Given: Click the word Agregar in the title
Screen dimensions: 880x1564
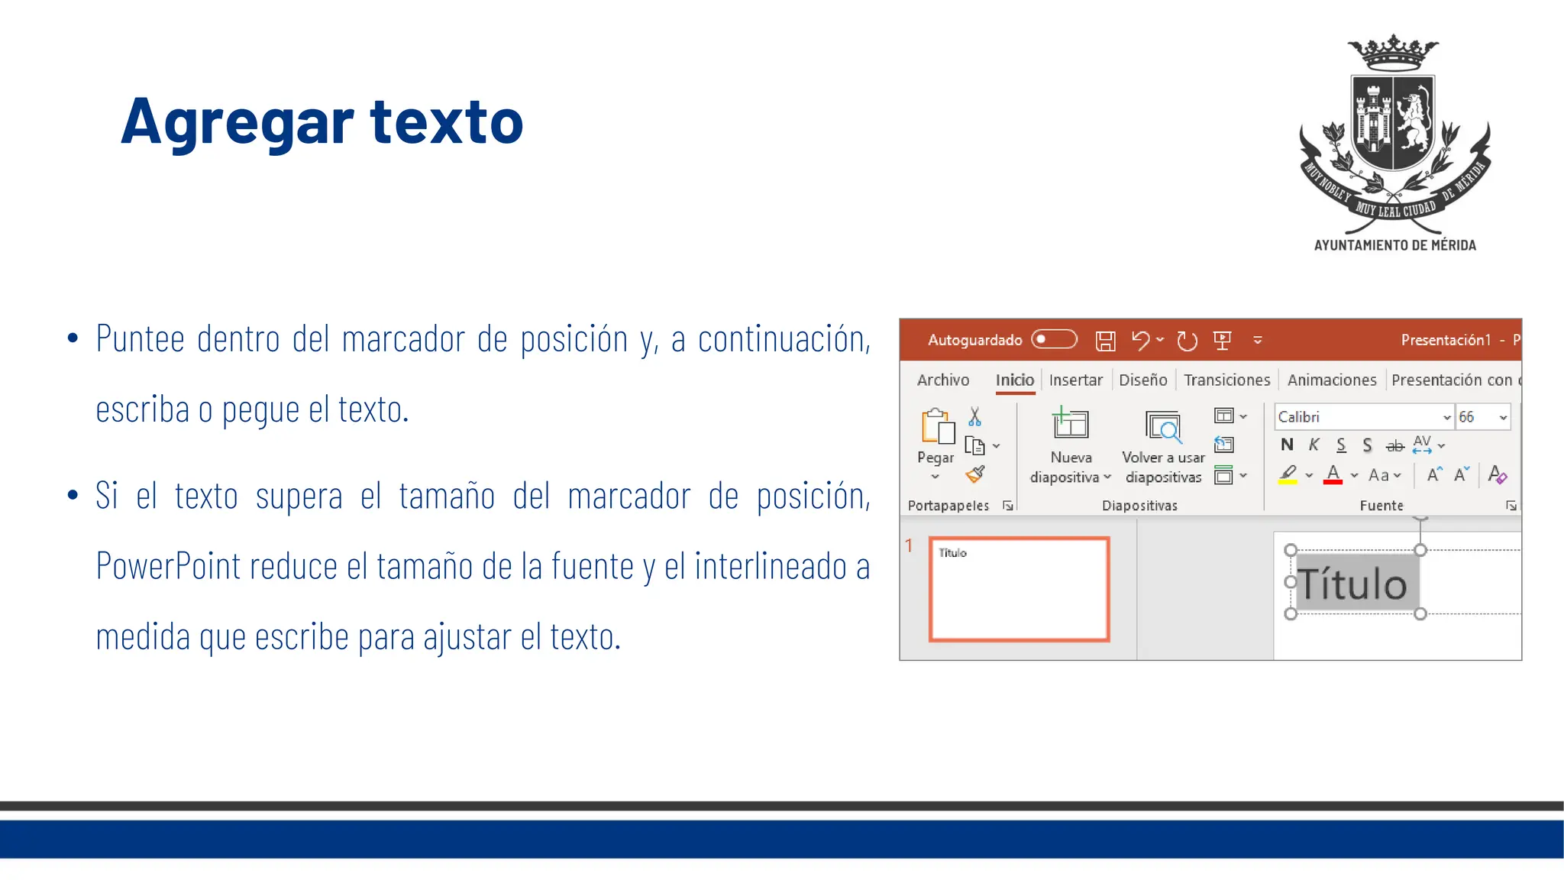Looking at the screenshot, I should point(237,122).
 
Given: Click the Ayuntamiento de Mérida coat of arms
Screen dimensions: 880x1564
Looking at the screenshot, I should point(1394,134).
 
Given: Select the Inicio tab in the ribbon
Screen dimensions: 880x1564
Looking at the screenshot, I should point(1014,380).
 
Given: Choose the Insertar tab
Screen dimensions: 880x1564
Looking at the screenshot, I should point(1075,380).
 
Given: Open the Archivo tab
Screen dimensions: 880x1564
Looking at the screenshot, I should point(942,380).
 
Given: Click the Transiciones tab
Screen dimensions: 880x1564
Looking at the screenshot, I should point(1226,380).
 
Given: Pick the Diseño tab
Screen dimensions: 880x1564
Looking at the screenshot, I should point(1142,380).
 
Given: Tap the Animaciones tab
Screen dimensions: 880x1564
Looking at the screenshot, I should point(1331,380).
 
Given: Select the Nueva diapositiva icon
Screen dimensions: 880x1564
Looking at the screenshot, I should point(1071,425).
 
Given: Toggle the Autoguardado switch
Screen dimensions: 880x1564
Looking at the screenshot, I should point(1054,339).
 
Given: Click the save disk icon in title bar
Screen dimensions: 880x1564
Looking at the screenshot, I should point(1105,341).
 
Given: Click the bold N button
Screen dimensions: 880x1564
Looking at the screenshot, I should point(1287,445).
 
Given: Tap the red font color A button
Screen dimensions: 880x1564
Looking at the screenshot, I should point(1333,474).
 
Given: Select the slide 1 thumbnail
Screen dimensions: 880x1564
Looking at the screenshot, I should point(1019,589).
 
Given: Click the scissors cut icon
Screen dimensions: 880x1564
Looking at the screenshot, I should point(974,416).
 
